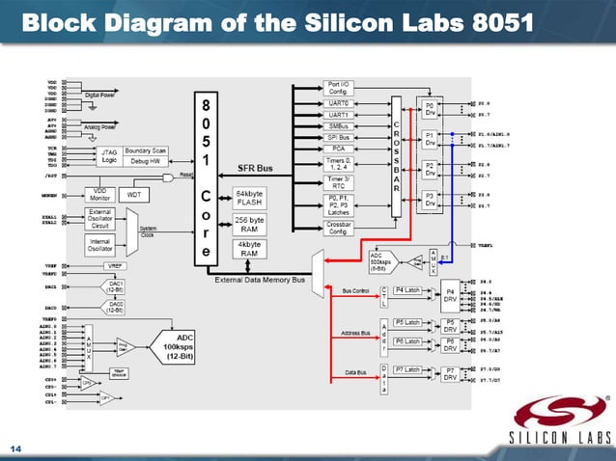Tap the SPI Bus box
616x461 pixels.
tap(339, 136)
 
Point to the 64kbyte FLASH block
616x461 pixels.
tap(250, 197)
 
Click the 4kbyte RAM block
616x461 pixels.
tap(250, 249)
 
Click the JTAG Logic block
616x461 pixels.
tap(108, 154)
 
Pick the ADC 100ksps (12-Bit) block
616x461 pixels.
tap(180, 343)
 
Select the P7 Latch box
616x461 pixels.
tap(407, 369)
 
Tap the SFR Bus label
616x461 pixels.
tap(255, 168)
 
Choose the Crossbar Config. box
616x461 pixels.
tap(339, 227)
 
